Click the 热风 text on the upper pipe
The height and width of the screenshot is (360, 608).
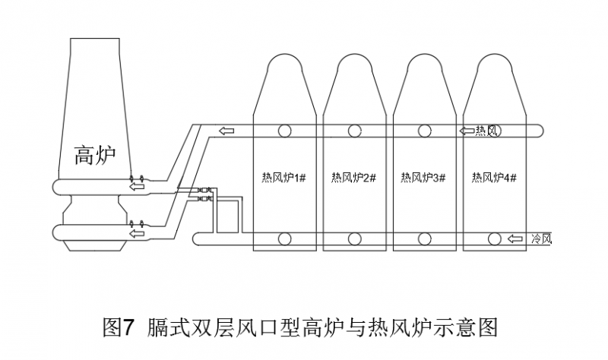coord(486,131)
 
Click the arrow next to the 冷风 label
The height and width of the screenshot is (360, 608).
coord(517,239)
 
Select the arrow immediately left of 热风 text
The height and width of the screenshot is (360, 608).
coord(467,131)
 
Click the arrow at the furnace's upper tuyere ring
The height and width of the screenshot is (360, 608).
coord(137,186)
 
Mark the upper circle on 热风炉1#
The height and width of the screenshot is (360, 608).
coord(284,131)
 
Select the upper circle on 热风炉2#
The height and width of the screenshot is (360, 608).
coord(355,131)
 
